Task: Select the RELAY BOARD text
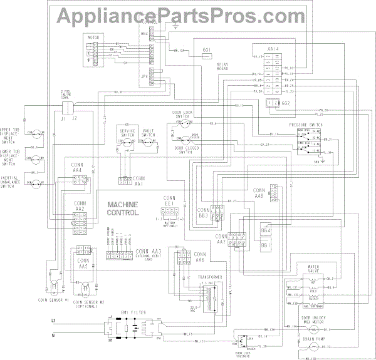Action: tap(222, 67)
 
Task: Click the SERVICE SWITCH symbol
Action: tap(128, 143)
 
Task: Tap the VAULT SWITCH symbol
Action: tap(149, 143)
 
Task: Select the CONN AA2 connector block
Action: tap(80, 219)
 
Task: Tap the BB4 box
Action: tap(266, 231)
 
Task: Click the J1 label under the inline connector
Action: tap(63, 117)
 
